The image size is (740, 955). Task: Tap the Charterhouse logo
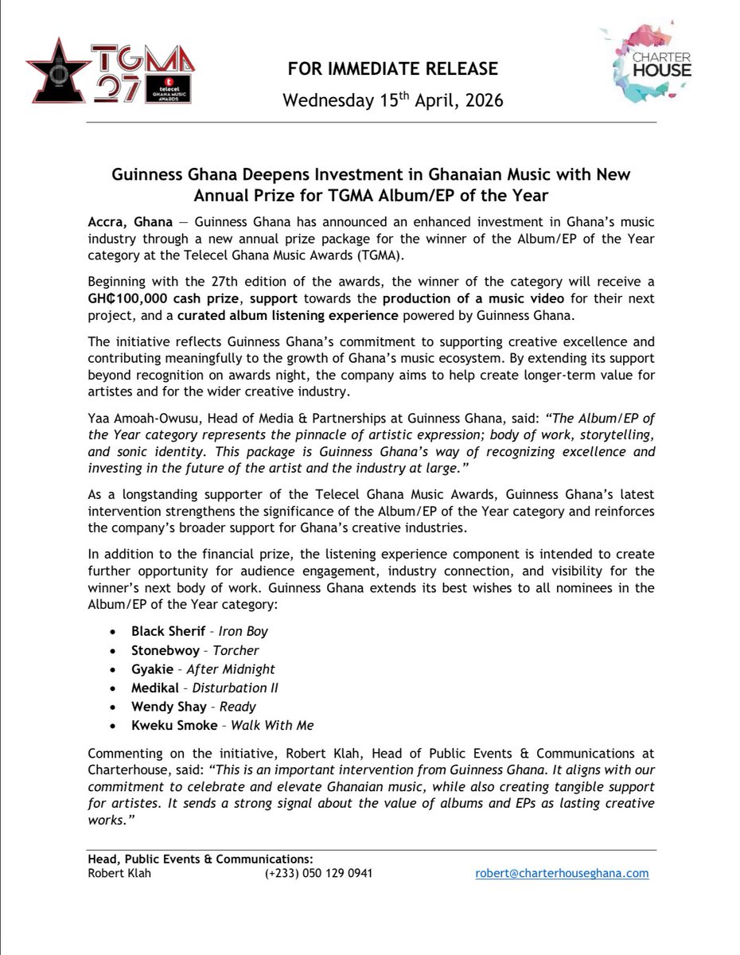tap(645, 63)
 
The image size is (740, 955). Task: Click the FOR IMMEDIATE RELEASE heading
tap(393, 69)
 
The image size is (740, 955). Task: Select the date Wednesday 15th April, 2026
tap(393, 101)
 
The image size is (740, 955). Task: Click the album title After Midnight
tap(231, 669)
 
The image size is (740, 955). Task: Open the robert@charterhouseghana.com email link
tap(562, 873)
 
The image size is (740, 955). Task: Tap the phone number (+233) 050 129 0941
tap(318, 873)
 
